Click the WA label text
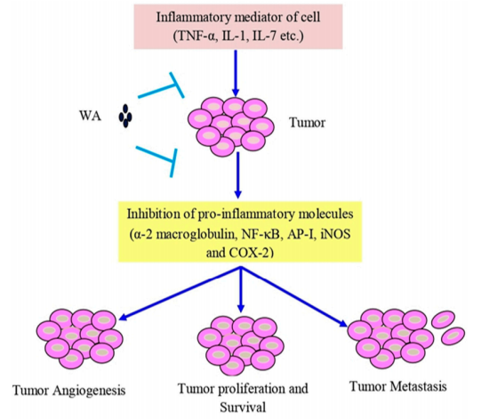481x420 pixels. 90,116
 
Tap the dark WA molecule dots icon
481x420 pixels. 125,116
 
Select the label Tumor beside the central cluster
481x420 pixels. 307,123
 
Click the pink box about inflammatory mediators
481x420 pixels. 238,27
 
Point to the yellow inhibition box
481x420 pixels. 240,231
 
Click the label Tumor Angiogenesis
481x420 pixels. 69,391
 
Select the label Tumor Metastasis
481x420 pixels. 397,386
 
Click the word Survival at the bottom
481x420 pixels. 243,408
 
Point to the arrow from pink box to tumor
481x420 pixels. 236,73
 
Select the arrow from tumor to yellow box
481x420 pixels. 237,175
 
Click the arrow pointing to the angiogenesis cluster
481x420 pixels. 180,294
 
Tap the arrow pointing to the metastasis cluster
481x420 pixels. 294,297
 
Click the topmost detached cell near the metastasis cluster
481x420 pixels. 444,319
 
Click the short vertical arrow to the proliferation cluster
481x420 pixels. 241,289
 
